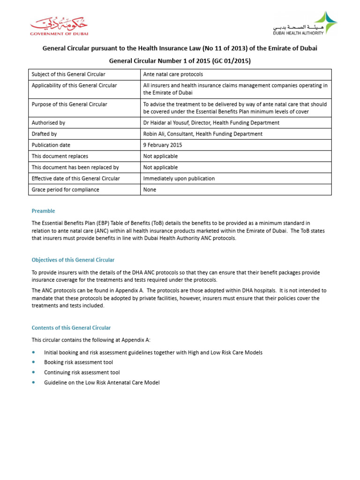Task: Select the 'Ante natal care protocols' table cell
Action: [172, 75]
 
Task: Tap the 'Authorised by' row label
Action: [48, 123]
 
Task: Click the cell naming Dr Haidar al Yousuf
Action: [211, 123]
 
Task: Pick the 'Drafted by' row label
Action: [44, 134]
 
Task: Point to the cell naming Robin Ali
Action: [202, 134]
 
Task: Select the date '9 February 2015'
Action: [163, 145]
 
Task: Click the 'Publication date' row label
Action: [51, 145]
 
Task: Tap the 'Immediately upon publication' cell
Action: [179, 179]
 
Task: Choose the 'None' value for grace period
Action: [150, 190]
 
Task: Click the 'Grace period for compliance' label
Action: [65, 190]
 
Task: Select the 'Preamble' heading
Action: [43, 211]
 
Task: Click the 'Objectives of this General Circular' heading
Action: [73, 260]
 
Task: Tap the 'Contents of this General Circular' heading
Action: [71, 328]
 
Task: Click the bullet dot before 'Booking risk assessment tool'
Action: [33, 362]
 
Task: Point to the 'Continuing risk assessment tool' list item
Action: [82, 373]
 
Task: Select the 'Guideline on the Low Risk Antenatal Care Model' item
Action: [102, 383]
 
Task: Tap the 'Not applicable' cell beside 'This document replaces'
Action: [160, 156]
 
